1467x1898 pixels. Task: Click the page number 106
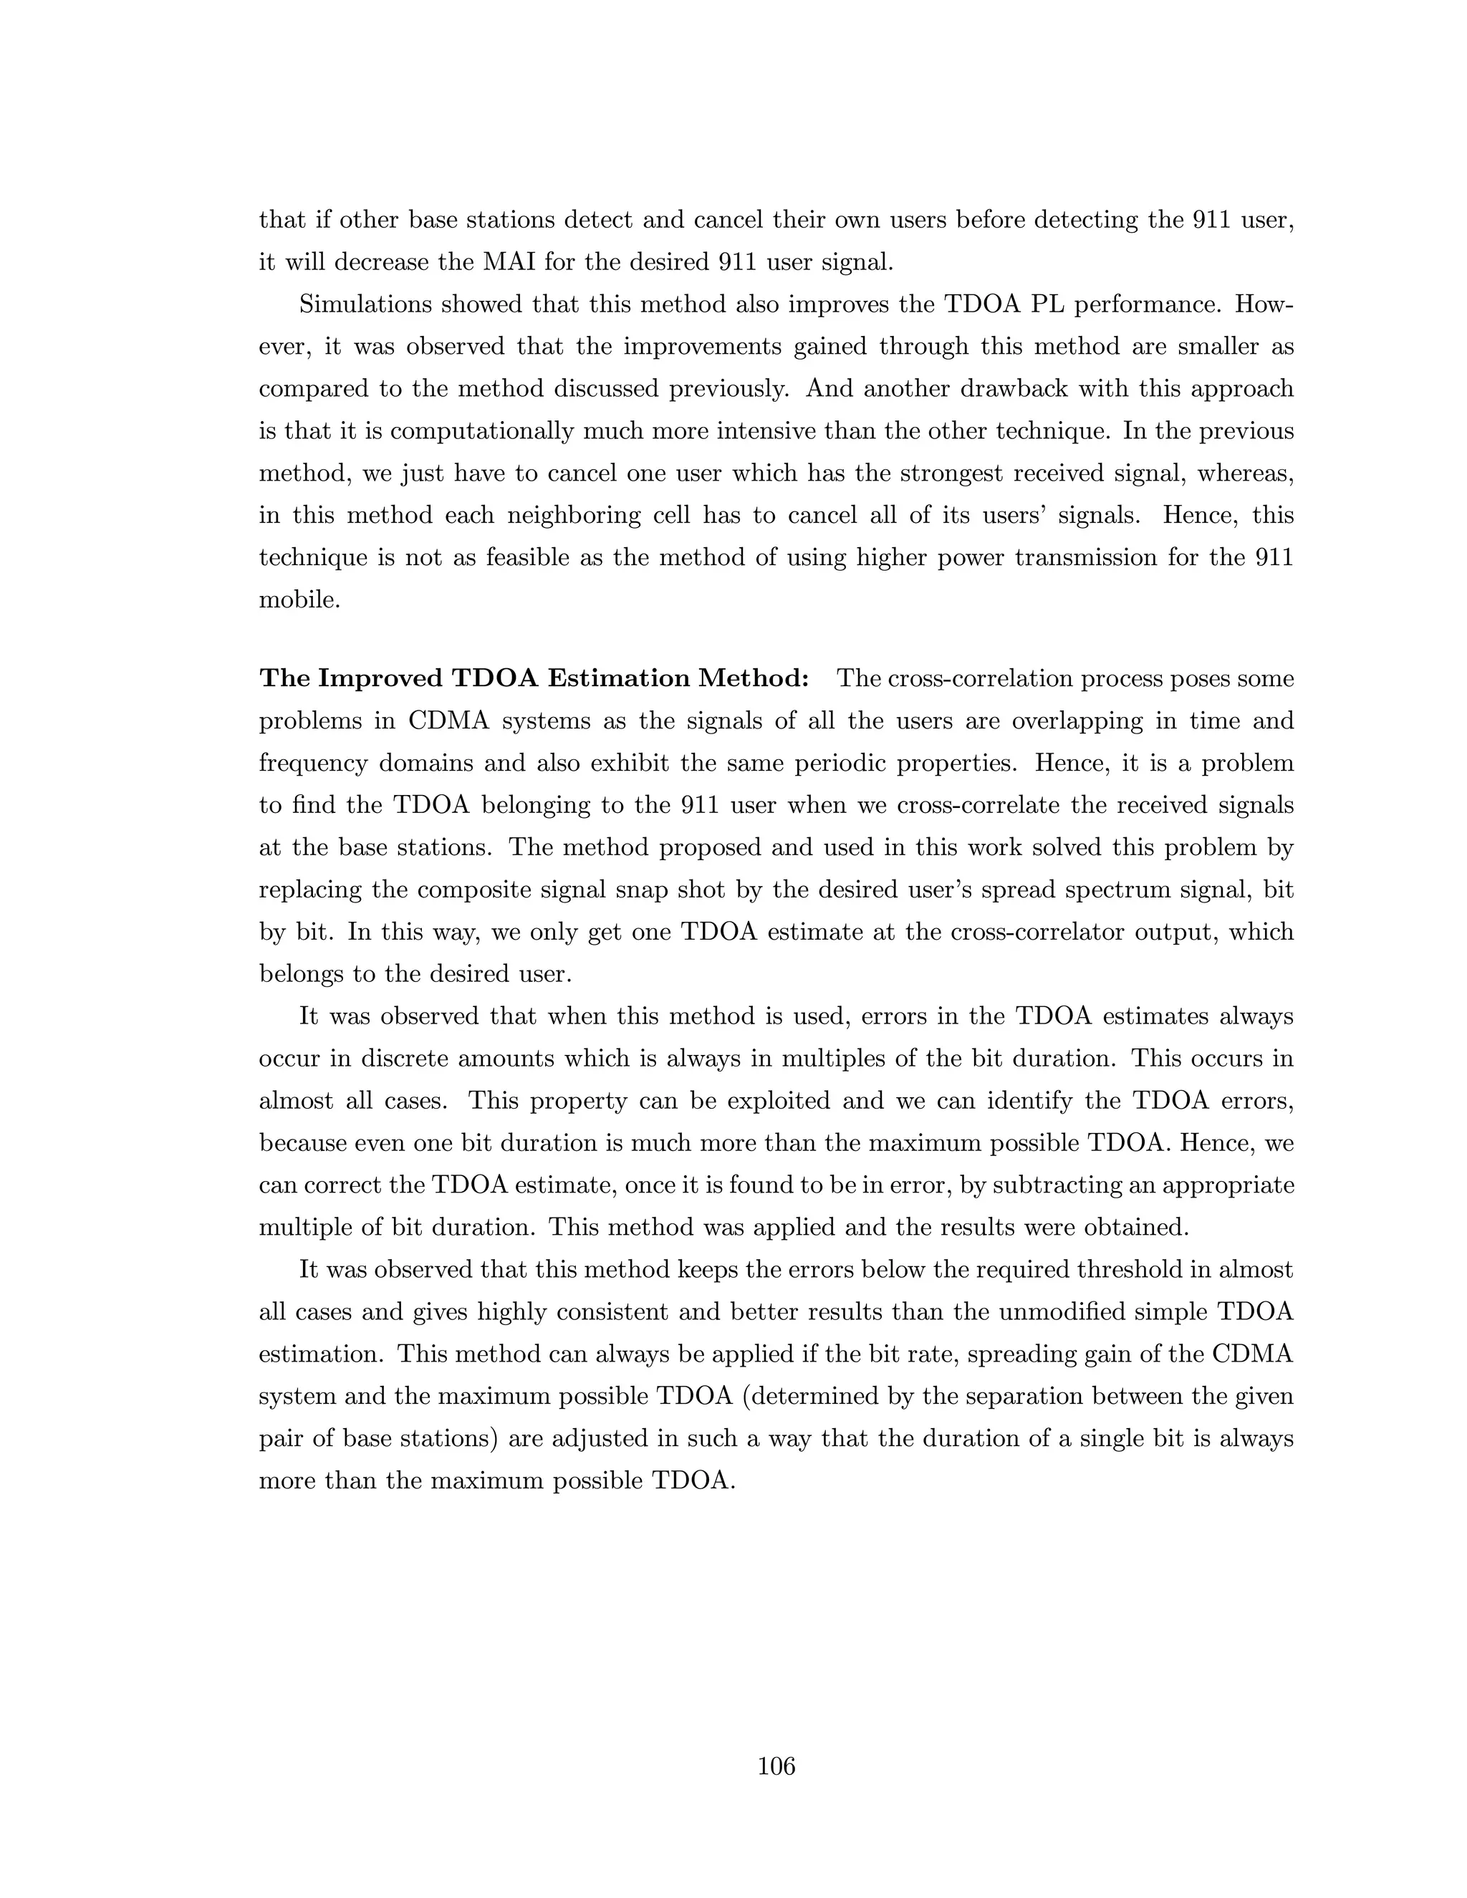[776, 1767]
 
